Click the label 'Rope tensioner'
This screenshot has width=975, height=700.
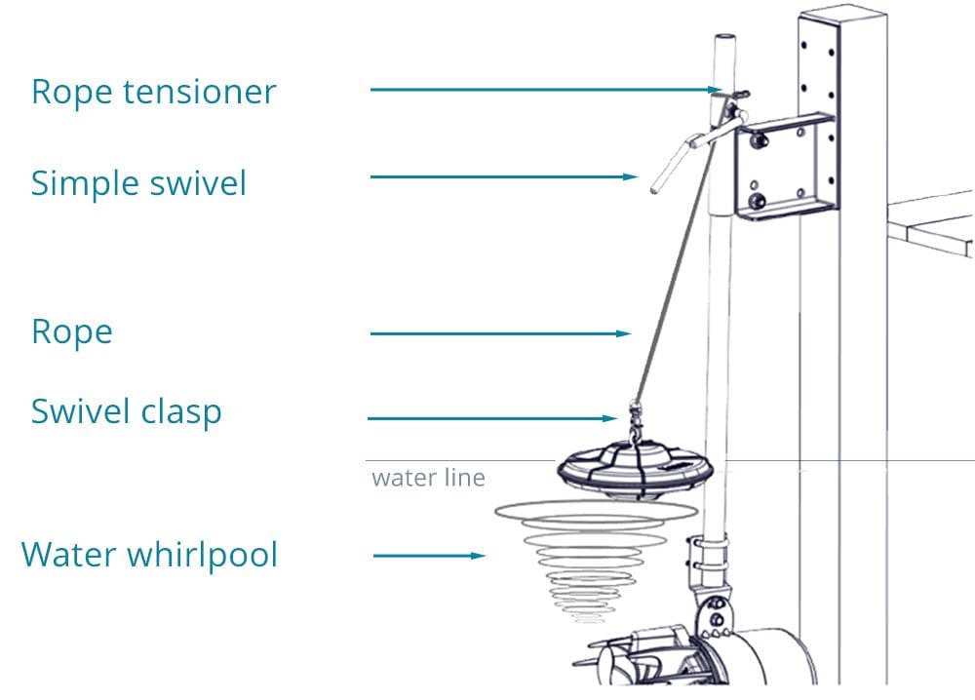tap(154, 93)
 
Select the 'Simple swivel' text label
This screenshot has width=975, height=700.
tap(138, 183)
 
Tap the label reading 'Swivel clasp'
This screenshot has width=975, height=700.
tap(126, 411)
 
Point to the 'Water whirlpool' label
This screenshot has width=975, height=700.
tap(149, 555)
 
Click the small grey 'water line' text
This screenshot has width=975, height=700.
tap(428, 479)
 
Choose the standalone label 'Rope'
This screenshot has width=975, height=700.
tap(71, 331)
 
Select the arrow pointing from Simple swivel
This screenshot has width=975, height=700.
tap(503, 176)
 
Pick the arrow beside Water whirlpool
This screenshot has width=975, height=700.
tap(430, 556)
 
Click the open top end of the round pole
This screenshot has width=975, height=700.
tap(723, 38)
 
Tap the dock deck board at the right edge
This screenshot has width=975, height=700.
tap(934, 219)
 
